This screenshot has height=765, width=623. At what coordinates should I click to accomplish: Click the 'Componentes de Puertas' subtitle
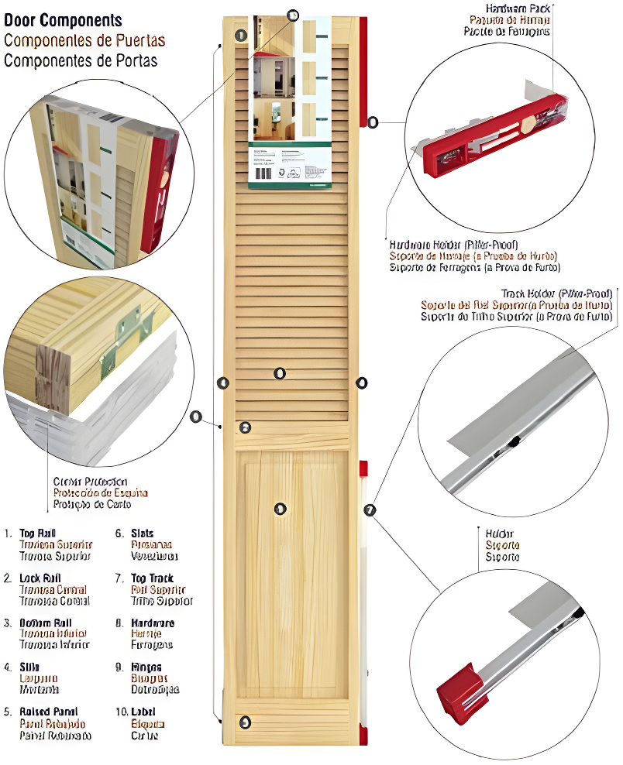click(84, 40)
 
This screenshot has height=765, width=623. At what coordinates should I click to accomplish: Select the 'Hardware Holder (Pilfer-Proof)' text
click(453, 244)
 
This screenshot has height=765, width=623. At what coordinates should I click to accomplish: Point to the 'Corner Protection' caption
click(90, 482)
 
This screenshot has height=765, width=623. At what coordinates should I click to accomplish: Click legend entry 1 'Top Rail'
click(37, 533)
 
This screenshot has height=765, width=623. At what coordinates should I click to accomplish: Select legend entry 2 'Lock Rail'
click(40, 578)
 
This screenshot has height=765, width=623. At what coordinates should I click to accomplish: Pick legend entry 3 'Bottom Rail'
click(46, 623)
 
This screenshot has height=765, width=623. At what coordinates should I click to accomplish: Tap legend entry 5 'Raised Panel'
click(48, 712)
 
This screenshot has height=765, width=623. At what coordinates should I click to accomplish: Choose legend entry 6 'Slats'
click(143, 533)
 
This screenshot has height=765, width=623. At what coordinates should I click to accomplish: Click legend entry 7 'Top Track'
click(152, 578)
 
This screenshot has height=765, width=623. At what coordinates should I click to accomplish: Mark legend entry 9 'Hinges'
click(146, 667)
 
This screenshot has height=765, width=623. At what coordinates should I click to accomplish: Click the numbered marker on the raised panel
click(280, 509)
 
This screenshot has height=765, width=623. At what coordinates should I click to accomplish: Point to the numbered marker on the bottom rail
click(245, 722)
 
